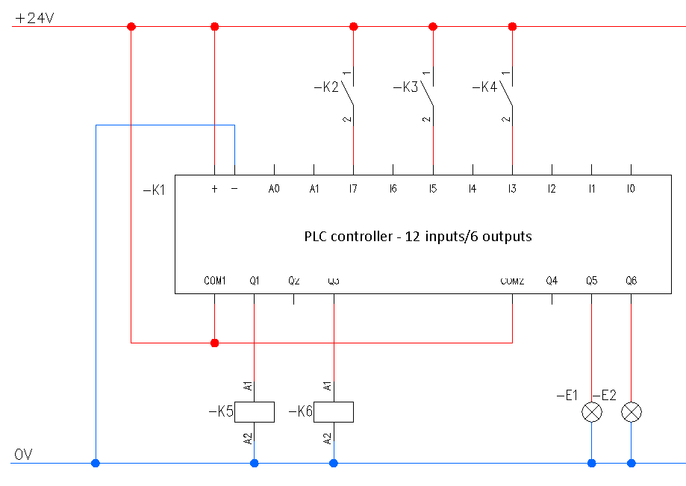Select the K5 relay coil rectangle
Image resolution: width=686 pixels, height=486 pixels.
[255, 412]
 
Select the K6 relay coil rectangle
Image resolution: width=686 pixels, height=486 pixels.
[334, 412]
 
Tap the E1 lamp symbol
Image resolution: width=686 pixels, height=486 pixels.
[592, 412]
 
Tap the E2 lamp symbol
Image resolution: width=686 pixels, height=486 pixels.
[632, 412]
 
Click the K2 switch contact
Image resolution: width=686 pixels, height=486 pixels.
[349, 93]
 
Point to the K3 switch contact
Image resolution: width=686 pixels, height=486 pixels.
[428, 93]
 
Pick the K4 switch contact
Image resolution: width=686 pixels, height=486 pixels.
[508, 93]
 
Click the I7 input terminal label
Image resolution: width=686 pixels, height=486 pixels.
[353, 190]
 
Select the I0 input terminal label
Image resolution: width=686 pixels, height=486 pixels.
[631, 190]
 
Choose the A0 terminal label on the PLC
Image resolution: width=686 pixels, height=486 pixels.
[274, 190]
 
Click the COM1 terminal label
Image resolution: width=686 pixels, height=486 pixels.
[215, 281]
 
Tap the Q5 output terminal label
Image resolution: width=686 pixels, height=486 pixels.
[591, 281]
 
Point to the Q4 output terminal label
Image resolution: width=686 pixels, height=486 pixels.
[552, 281]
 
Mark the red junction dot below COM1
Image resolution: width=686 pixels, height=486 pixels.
[215, 343]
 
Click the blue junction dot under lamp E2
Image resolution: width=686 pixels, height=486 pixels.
[632, 464]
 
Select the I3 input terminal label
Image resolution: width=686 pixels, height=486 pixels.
[512, 190]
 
